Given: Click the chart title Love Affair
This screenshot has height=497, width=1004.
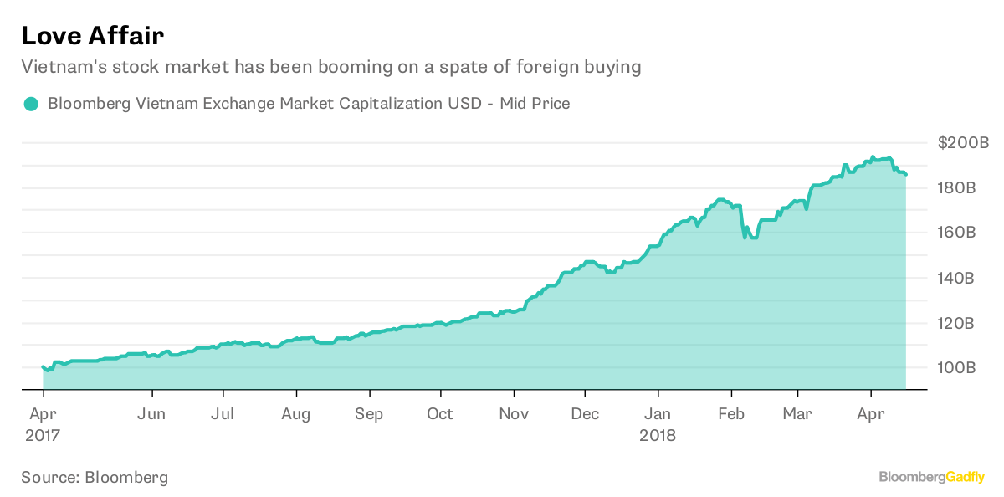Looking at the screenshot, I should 92,35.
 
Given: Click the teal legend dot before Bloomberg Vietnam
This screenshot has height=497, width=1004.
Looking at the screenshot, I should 31,105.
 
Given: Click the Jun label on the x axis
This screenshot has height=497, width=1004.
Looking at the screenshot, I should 151,414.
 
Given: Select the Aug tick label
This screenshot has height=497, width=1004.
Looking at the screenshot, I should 295,414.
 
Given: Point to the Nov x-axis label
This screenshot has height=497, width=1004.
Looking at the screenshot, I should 514,414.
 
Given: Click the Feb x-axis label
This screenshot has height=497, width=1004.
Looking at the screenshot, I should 731,414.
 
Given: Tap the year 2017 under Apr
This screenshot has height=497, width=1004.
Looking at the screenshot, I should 43,436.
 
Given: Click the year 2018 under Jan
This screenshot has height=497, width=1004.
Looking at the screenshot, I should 658,436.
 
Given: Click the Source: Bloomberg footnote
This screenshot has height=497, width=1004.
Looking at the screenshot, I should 95,478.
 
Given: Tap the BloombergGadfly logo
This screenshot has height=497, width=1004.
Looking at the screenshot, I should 931,477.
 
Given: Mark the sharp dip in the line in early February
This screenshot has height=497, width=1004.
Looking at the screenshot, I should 744,238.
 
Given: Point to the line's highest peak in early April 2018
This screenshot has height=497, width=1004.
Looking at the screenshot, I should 873,156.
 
